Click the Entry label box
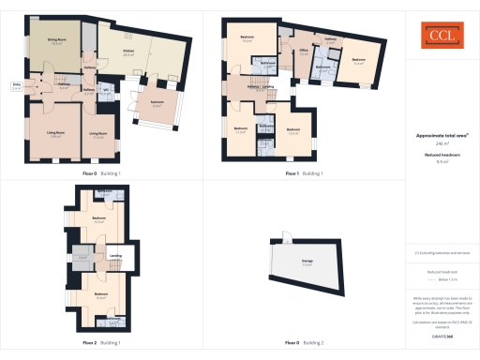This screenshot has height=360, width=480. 17,86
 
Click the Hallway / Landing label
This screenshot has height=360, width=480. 260,88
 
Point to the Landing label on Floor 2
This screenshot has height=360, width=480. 115,255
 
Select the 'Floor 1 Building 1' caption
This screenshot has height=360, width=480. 304,173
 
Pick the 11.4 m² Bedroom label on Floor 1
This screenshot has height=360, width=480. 358,62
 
